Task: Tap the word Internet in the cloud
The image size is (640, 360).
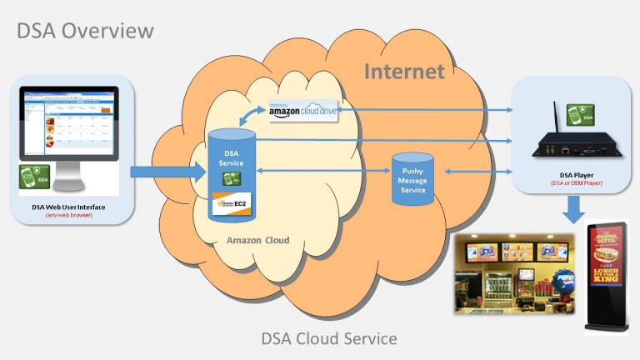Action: coord(404,72)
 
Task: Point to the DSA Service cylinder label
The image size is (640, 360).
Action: coord(231,157)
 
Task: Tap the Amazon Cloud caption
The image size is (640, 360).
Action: coord(257,240)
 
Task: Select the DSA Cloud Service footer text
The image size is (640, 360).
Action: coord(329,338)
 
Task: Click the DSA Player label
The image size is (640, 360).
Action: coord(572,174)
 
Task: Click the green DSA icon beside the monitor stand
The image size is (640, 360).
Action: coord(33,176)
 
